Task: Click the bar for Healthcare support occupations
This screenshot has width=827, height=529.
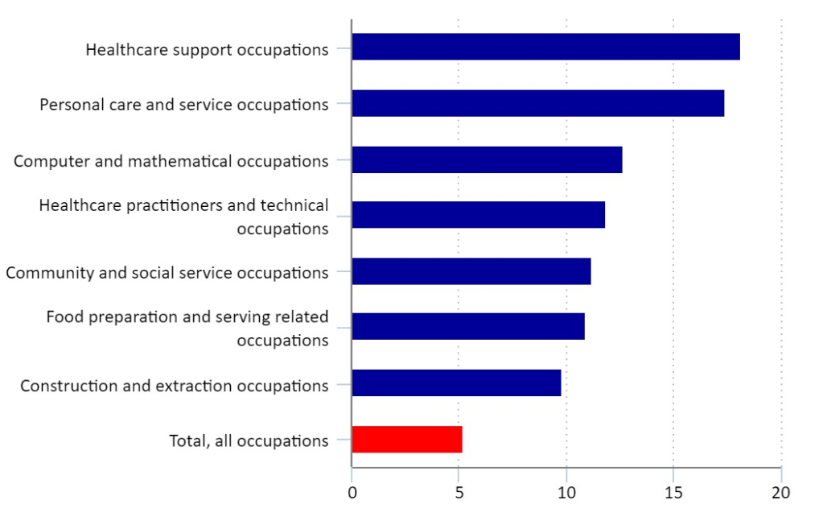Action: coord(545,47)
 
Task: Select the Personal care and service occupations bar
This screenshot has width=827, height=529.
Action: coord(537,103)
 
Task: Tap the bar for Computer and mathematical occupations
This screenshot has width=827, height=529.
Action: coord(487,159)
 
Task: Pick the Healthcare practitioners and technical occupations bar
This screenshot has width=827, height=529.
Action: coord(478,215)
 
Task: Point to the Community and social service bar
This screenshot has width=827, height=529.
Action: coord(471,271)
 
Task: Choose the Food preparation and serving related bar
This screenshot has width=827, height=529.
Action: coord(468,326)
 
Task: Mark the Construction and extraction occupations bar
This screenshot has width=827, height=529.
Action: coord(456,382)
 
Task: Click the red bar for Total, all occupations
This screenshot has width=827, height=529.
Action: coord(407,439)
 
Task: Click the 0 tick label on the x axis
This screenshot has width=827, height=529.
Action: coord(352,492)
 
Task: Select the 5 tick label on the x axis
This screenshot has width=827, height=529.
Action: coord(459,492)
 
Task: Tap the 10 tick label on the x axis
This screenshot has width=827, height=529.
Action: coord(566,492)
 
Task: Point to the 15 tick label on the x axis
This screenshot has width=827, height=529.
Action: coord(673,492)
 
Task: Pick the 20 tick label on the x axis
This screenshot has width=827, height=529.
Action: coord(781,492)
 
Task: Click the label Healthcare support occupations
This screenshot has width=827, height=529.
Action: coord(207,50)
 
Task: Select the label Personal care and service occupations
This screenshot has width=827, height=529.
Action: coord(184,105)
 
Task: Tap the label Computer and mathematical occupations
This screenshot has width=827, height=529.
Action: coord(171,161)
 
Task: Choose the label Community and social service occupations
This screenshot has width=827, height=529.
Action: coord(167,272)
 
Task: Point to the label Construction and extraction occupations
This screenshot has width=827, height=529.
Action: coord(175,386)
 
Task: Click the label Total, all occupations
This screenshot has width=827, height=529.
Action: coord(249,440)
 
